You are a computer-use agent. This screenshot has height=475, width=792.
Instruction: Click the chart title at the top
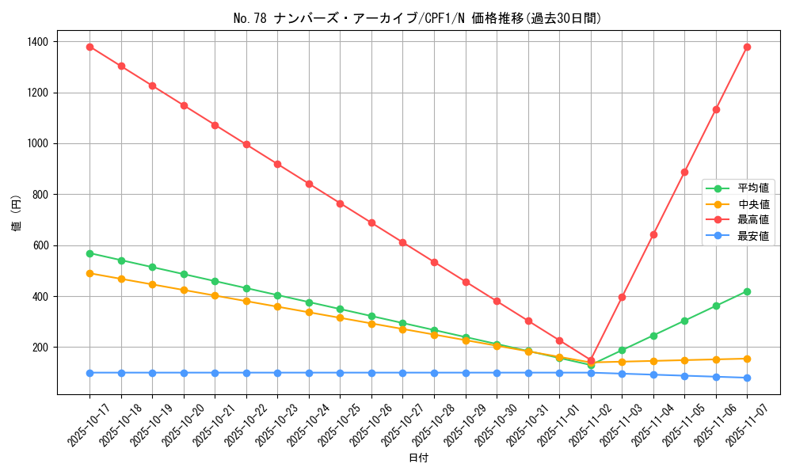click(x=417, y=18)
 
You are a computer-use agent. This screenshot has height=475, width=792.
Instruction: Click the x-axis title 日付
click(x=417, y=458)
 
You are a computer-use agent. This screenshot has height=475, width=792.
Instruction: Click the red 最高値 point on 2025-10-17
click(x=89, y=47)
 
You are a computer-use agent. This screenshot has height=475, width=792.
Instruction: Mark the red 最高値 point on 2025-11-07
click(x=747, y=47)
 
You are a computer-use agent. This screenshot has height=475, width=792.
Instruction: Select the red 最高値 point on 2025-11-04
click(x=653, y=234)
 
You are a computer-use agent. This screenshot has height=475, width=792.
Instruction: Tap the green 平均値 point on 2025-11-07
click(x=747, y=291)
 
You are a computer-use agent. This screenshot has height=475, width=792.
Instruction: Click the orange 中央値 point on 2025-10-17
click(x=89, y=273)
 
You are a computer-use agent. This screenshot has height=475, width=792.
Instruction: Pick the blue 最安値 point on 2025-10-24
click(x=309, y=373)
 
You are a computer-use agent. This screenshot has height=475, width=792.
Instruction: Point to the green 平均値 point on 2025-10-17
click(x=89, y=253)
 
